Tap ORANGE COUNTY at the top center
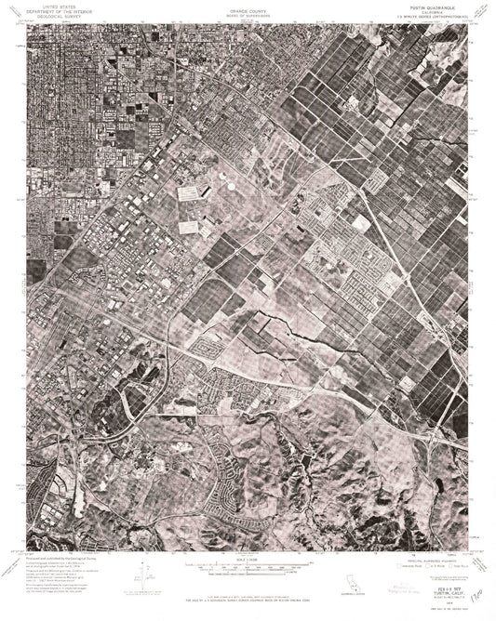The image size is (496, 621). coord(248,7)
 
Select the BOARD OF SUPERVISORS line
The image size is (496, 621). coord(248,11)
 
